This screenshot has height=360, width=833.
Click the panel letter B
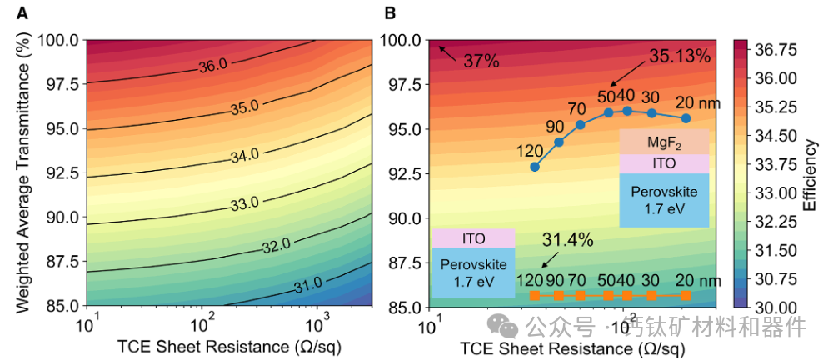coord(389,12)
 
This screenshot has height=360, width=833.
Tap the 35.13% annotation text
coord(680,57)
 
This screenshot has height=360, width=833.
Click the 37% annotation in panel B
coord(481,61)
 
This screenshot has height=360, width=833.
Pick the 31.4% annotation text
coord(567,241)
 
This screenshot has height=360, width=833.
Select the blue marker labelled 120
coord(535,167)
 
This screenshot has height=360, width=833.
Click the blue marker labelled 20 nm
coord(686,118)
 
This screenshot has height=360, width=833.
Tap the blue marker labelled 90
coord(559,142)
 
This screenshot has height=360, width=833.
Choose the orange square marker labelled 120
coord(535,296)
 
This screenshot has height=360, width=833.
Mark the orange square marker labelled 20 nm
coord(686,296)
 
